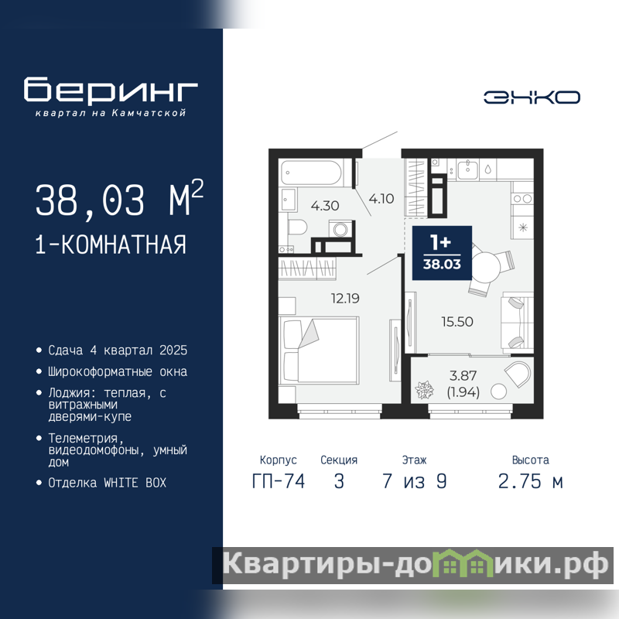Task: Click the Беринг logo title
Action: [x=111, y=90]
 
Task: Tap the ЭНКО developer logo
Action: [x=532, y=97]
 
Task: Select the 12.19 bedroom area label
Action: [x=345, y=299]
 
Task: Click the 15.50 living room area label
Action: [x=457, y=322]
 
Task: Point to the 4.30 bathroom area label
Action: [x=325, y=206]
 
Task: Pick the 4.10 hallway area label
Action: [x=381, y=199]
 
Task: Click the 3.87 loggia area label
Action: [x=463, y=375]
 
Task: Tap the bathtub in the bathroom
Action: [x=311, y=173]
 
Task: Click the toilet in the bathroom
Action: [x=297, y=227]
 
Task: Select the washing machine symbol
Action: [x=340, y=228]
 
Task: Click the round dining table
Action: [x=487, y=266]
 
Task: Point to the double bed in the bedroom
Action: [x=319, y=350]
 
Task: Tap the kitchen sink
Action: [x=468, y=170]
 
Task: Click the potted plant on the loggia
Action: [x=424, y=390]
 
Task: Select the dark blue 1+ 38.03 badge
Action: [x=442, y=253]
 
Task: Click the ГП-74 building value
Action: [x=279, y=481]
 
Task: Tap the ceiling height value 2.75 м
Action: [x=531, y=481]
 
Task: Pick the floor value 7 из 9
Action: [x=415, y=481]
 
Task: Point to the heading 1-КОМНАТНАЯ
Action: [x=111, y=245]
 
